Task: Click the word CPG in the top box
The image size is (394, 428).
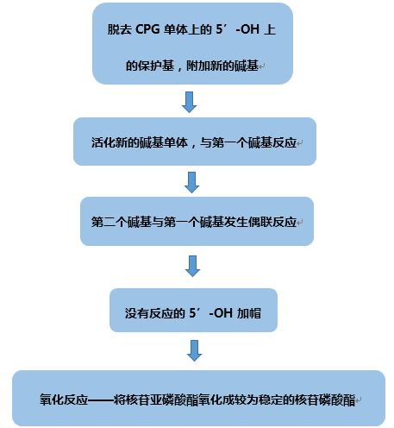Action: pyautogui.click(x=147, y=29)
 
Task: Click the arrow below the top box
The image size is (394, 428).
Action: pyautogui.click(x=190, y=102)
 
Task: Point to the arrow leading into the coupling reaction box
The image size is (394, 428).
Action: pyautogui.click(x=191, y=182)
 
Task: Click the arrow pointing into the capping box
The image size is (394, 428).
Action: pyautogui.click(x=192, y=266)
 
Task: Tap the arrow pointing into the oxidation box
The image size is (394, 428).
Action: pyautogui.click(x=194, y=350)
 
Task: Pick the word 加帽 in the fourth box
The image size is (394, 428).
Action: pyautogui.click(x=249, y=313)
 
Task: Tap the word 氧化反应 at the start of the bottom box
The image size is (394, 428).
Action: pyautogui.click(x=64, y=400)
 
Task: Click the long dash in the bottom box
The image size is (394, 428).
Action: pyautogui.click(x=101, y=400)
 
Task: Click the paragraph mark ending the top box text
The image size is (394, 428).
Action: pyautogui.click(x=261, y=66)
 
